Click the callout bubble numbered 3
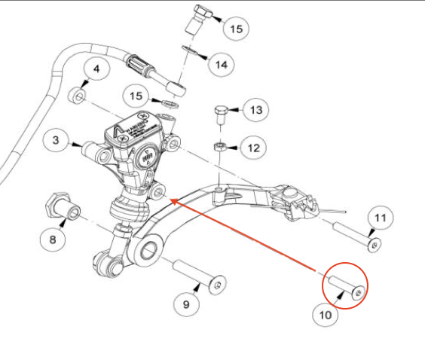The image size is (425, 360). [x=56, y=139]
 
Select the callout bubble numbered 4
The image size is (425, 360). [x=96, y=72]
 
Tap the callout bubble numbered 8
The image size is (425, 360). [x=52, y=240]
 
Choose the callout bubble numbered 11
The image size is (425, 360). [x=381, y=218]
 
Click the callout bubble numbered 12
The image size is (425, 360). [x=252, y=147]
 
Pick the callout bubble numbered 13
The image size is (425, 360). [x=256, y=111]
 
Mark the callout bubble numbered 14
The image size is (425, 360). [x=221, y=66]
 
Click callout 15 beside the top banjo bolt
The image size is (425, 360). [x=237, y=29]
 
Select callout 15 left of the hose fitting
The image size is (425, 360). [x=136, y=96]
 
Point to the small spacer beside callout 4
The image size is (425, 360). [x=77, y=96]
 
